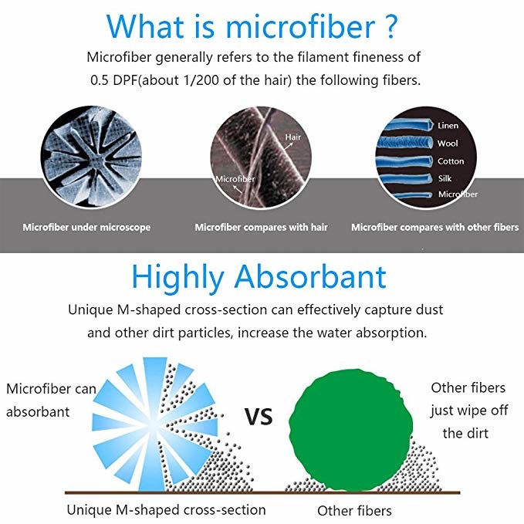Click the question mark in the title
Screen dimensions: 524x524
pyautogui.click(x=389, y=27)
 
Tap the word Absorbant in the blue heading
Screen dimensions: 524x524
pyautogui.click(x=310, y=277)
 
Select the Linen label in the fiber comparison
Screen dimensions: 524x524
pyautogui.click(x=448, y=126)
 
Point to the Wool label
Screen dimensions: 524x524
pyautogui.click(x=448, y=144)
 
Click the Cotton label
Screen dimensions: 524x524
pyautogui.click(x=451, y=161)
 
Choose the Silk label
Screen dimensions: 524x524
pyautogui.click(x=445, y=178)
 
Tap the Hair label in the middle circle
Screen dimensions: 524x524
pyautogui.click(x=292, y=137)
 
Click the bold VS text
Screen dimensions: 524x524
pyautogui.click(x=259, y=417)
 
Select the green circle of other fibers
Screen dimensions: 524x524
pyautogui.click(x=350, y=430)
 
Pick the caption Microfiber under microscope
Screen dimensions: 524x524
pyautogui.click(x=86, y=227)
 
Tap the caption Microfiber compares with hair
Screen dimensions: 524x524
pyautogui.click(x=262, y=227)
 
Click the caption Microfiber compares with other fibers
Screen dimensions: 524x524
pyautogui.click(x=434, y=227)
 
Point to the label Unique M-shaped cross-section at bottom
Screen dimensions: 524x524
pyautogui.click(x=166, y=510)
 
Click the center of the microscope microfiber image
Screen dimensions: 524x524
pyautogui.click(x=91, y=157)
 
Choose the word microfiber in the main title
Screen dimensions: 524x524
pyautogui.click(x=300, y=27)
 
